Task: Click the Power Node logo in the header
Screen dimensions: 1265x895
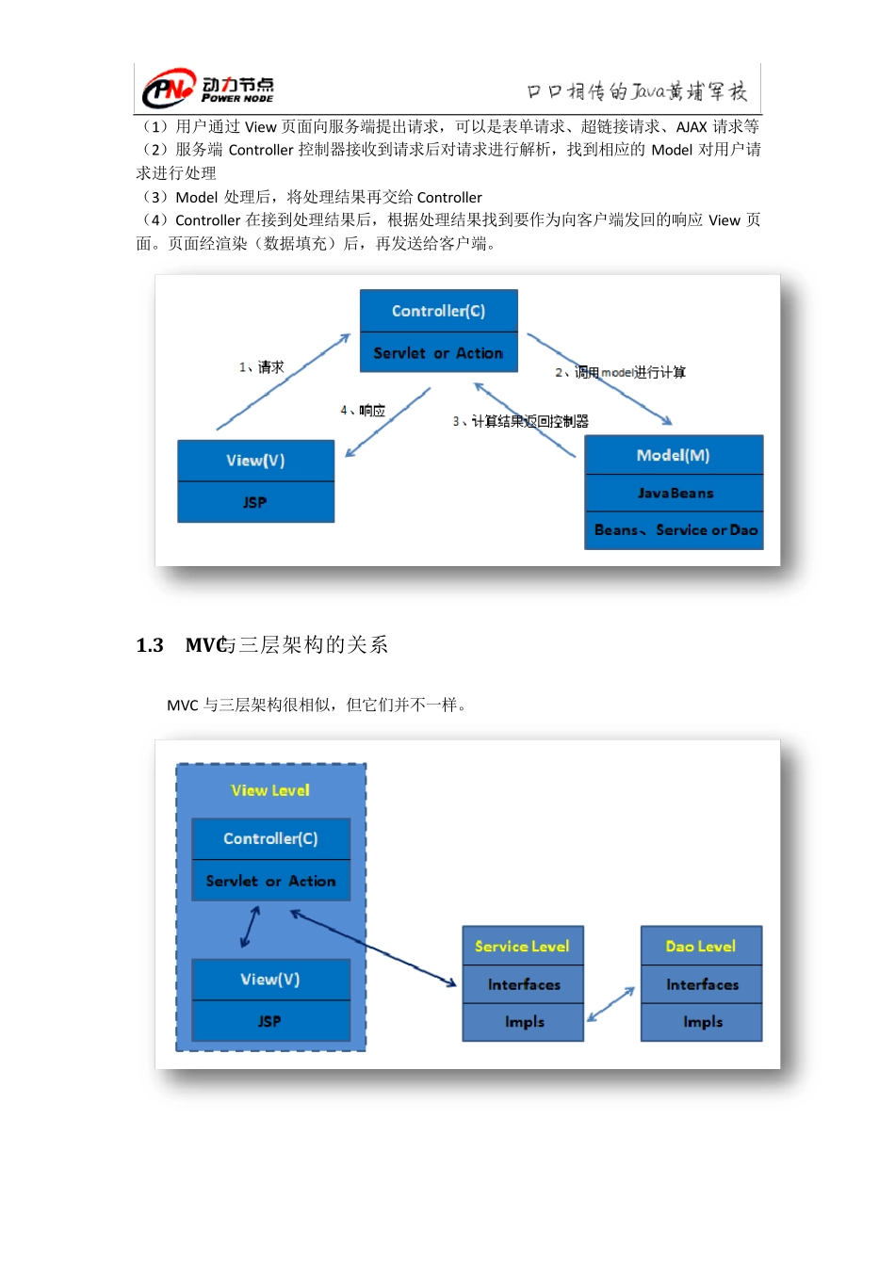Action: pos(208,89)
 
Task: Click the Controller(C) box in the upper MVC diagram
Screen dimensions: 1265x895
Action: pos(438,311)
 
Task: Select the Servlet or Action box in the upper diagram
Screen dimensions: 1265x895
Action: pos(438,353)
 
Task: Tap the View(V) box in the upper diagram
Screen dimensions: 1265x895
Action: pos(255,461)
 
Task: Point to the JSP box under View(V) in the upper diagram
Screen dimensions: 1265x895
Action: pos(255,502)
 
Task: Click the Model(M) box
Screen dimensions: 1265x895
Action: pos(674,455)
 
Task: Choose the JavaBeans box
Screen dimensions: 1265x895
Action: pos(675,493)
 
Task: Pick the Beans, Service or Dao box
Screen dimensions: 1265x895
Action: pos(675,530)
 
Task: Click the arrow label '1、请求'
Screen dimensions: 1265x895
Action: pos(261,367)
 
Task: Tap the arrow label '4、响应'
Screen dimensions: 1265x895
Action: pos(363,411)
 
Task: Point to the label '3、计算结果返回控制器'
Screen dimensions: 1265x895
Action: pos(520,421)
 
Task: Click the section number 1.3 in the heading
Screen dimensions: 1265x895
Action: pos(150,645)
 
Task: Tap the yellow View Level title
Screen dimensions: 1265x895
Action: pos(270,790)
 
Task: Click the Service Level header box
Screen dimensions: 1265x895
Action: pos(523,946)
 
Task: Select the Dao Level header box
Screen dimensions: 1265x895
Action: pos(701,946)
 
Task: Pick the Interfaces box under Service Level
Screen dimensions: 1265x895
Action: pos(524,984)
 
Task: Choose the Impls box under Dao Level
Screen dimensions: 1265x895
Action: pos(702,1022)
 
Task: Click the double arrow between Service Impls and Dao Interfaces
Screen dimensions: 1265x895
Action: pos(611,1004)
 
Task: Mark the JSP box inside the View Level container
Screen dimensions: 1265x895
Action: pos(270,1021)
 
